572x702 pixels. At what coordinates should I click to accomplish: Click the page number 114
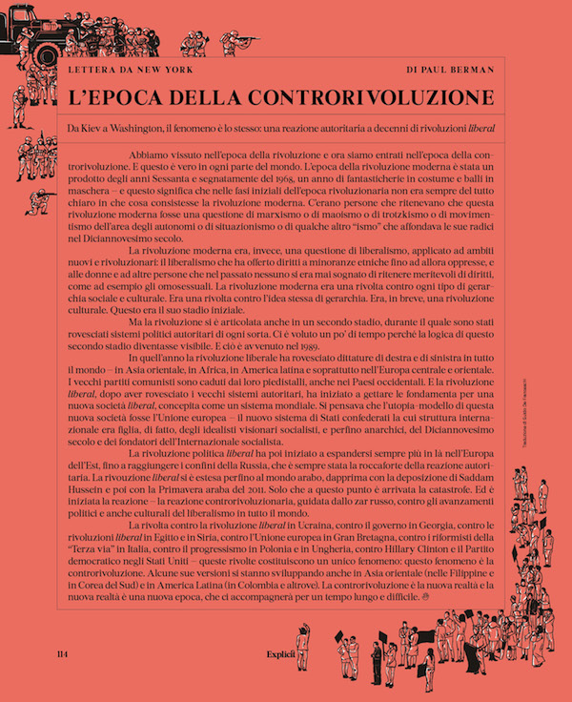pos(66,656)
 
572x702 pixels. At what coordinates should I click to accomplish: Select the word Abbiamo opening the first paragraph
pos(148,153)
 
